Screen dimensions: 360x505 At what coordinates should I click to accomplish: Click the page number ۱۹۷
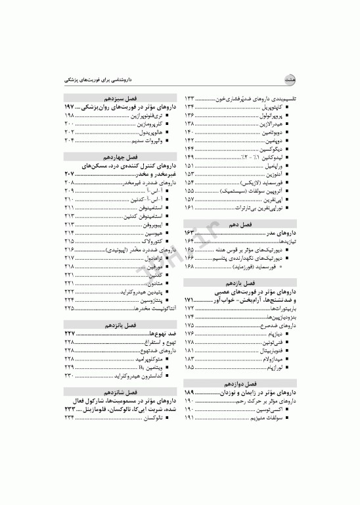pyautogui.click(x=70, y=106)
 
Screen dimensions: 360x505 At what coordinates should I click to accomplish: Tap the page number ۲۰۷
pyautogui.click(x=70, y=174)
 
